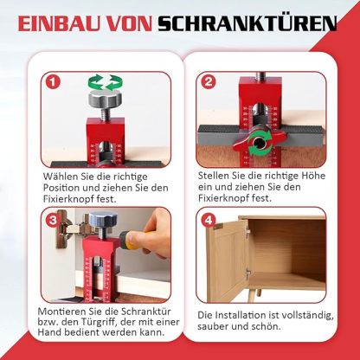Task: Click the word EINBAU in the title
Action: pyautogui.click(x=59, y=23)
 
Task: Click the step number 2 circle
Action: pyautogui.click(x=208, y=83)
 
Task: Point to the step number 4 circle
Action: pyautogui.click(x=208, y=220)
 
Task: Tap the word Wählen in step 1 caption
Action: pyautogui.click(x=66, y=176)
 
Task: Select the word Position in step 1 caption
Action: pyautogui.click(x=67, y=188)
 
